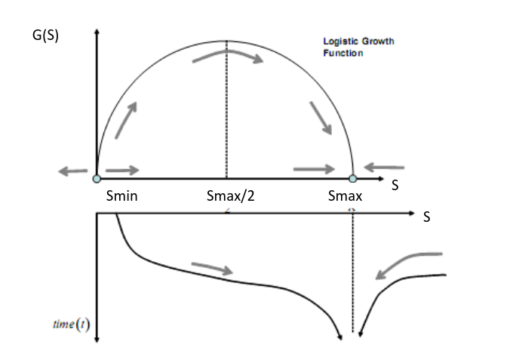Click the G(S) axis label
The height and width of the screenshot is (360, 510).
point(45,35)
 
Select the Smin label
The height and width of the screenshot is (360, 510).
point(122,196)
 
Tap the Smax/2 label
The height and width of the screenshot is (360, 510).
point(231,196)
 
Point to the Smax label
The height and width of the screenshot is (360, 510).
point(345,196)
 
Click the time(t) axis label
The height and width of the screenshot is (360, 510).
point(71,325)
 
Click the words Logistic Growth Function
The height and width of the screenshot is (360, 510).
point(358,47)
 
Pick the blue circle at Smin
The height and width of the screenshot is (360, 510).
point(97,179)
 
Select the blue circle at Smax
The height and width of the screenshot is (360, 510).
point(353,179)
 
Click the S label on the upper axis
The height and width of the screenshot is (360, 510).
point(395,185)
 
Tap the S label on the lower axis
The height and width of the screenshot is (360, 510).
point(427,217)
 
